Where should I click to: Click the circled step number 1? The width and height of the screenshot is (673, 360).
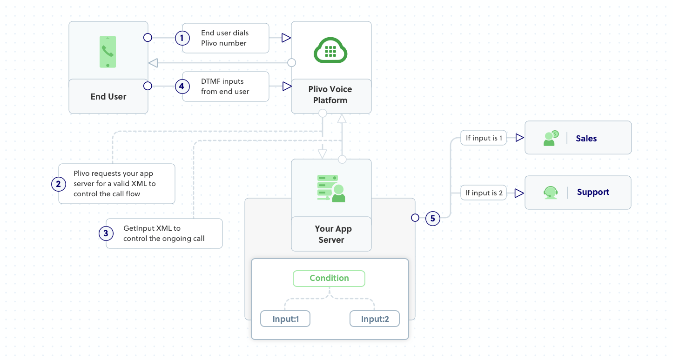point(182,38)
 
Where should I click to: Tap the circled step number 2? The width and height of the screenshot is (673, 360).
point(58,184)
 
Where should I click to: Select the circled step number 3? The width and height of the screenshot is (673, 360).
point(106,233)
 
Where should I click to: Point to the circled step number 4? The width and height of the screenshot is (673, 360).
point(182,86)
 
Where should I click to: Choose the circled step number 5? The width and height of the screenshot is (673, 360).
point(433,218)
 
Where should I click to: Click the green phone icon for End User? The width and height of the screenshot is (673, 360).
point(108,52)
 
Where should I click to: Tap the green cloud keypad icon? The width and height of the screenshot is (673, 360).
point(331,50)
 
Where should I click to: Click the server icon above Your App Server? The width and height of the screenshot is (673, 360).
point(331,188)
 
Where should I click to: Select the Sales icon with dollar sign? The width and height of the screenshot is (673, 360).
point(551,138)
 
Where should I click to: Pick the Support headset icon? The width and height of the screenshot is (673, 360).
point(551,193)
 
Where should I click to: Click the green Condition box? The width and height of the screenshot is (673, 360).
point(329,278)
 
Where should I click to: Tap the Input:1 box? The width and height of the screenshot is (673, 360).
point(285,319)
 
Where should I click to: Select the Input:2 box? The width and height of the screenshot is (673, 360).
point(375,319)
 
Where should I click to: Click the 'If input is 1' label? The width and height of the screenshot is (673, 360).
point(484,138)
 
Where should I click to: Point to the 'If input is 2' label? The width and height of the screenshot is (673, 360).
point(484,193)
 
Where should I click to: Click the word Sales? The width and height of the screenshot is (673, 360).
point(586,138)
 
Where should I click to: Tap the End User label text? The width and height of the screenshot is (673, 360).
point(108,97)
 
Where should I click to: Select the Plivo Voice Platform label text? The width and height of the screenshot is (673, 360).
point(330,95)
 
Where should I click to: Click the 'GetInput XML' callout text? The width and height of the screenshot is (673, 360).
point(164,233)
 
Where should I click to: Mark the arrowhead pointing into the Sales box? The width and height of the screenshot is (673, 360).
point(519,138)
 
